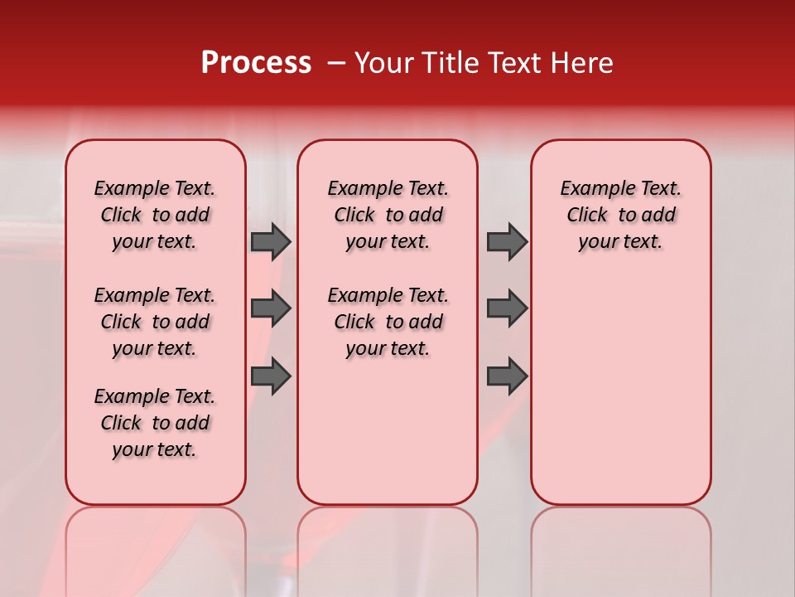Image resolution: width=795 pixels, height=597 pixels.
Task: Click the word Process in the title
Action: (x=256, y=63)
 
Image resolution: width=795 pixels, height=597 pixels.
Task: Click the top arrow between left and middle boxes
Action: (x=271, y=241)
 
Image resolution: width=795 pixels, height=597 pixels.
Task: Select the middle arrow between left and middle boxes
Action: (x=271, y=308)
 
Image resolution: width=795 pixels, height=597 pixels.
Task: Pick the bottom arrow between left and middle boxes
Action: (x=271, y=376)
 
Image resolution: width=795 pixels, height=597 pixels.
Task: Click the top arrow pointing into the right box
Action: (x=507, y=241)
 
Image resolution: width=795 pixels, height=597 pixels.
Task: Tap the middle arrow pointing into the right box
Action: (x=507, y=308)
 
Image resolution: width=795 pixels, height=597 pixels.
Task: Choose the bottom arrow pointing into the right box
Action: (x=507, y=376)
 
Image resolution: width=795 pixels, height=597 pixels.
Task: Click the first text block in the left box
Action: (x=155, y=215)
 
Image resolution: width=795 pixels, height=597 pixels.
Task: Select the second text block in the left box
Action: (x=155, y=322)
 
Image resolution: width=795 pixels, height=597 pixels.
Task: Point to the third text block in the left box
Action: (x=155, y=423)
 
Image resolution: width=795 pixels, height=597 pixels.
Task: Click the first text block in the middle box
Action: (x=388, y=215)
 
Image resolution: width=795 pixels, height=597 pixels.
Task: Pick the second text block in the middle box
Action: (x=388, y=322)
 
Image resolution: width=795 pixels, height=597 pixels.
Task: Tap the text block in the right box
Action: (x=620, y=215)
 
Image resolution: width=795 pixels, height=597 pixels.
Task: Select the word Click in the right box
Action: (x=587, y=216)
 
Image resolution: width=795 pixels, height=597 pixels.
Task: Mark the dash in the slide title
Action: (x=336, y=64)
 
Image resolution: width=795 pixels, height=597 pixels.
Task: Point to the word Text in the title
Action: (x=512, y=63)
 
